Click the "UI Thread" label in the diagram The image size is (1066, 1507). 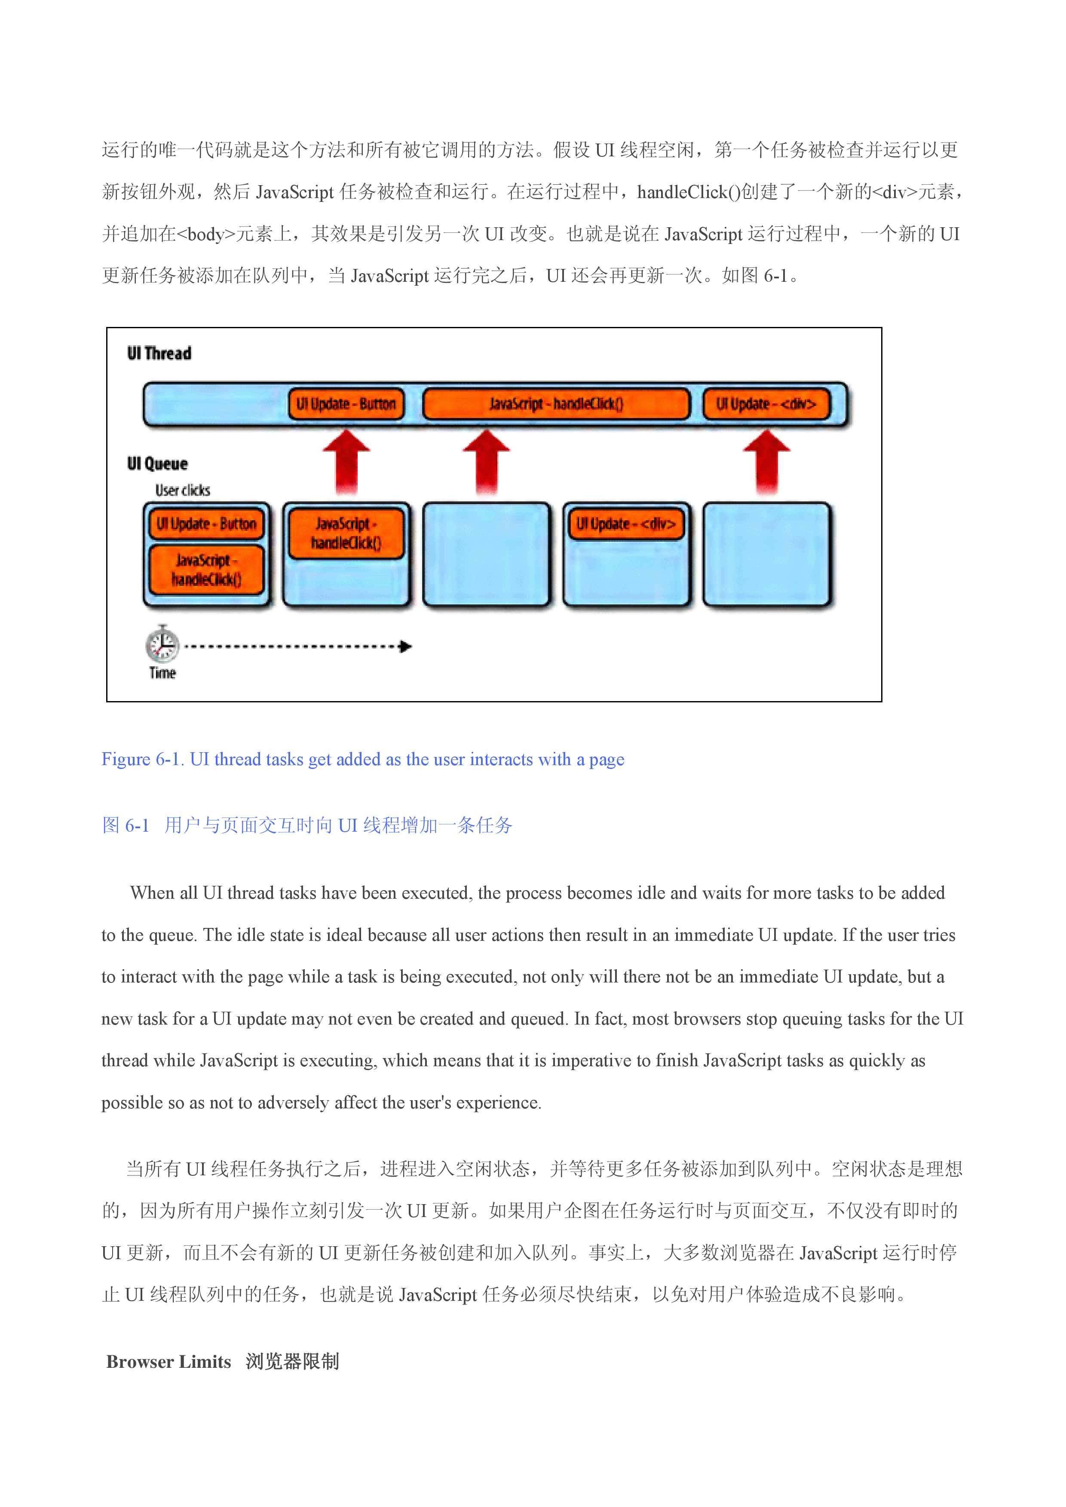(159, 353)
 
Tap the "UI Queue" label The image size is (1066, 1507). (157, 464)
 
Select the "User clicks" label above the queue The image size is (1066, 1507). (183, 490)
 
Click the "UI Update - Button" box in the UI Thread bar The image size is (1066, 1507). (346, 404)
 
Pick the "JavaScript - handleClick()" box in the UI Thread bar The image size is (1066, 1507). (556, 404)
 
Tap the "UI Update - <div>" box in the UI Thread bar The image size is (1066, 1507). (766, 404)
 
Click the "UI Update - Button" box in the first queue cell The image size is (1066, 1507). (206, 524)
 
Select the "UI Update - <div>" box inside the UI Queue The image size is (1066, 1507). (626, 524)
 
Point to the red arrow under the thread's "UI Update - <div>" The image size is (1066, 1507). (766, 461)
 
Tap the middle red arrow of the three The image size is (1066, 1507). (486, 461)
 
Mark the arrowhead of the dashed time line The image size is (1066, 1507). (405, 647)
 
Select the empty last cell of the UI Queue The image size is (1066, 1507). (766, 554)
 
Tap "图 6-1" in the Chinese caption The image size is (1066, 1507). (126, 825)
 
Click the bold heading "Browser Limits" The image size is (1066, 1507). (169, 1361)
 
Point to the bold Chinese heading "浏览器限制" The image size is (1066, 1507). (292, 1361)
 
